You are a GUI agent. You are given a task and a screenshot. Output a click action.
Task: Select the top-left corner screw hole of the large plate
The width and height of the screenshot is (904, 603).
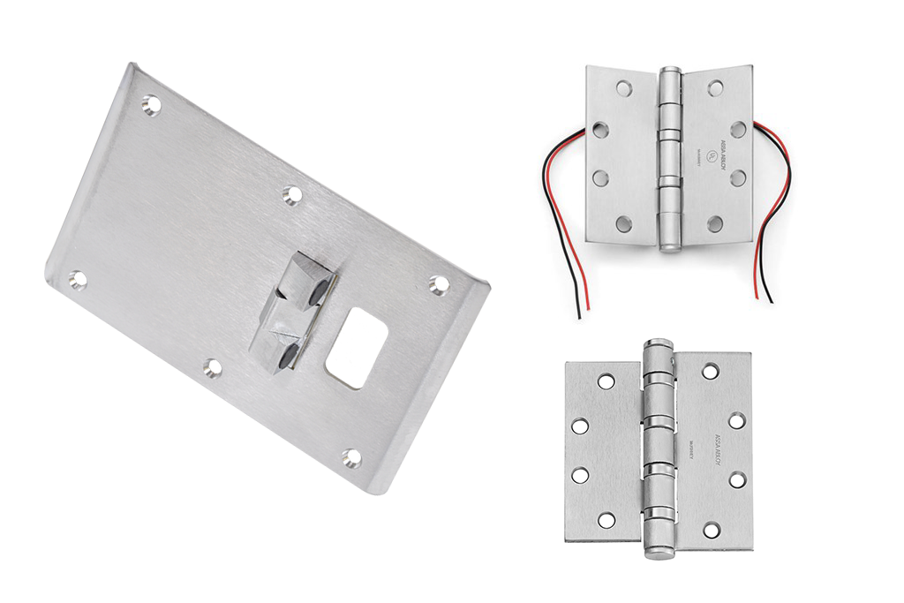pos(151,105)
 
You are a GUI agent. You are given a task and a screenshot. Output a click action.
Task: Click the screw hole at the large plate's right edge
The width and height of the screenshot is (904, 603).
pos(439,283)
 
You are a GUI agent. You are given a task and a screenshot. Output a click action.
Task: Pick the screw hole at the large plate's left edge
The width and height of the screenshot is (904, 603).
pos(78,281)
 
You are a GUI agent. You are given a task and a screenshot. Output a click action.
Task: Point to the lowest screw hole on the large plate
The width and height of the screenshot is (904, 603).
pos(351,458)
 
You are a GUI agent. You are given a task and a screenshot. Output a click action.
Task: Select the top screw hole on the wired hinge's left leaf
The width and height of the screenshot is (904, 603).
pos(624,89)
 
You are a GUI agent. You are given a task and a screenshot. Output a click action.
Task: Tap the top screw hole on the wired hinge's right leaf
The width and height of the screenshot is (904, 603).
pos(715,88)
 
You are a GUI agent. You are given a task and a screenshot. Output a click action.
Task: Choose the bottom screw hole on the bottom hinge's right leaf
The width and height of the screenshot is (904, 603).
pos(710,531)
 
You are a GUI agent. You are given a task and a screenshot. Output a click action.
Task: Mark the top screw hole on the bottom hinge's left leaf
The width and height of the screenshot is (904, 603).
pos(606,381)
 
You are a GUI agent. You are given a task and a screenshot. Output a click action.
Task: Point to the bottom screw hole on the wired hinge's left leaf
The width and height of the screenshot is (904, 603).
pos(624,222)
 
